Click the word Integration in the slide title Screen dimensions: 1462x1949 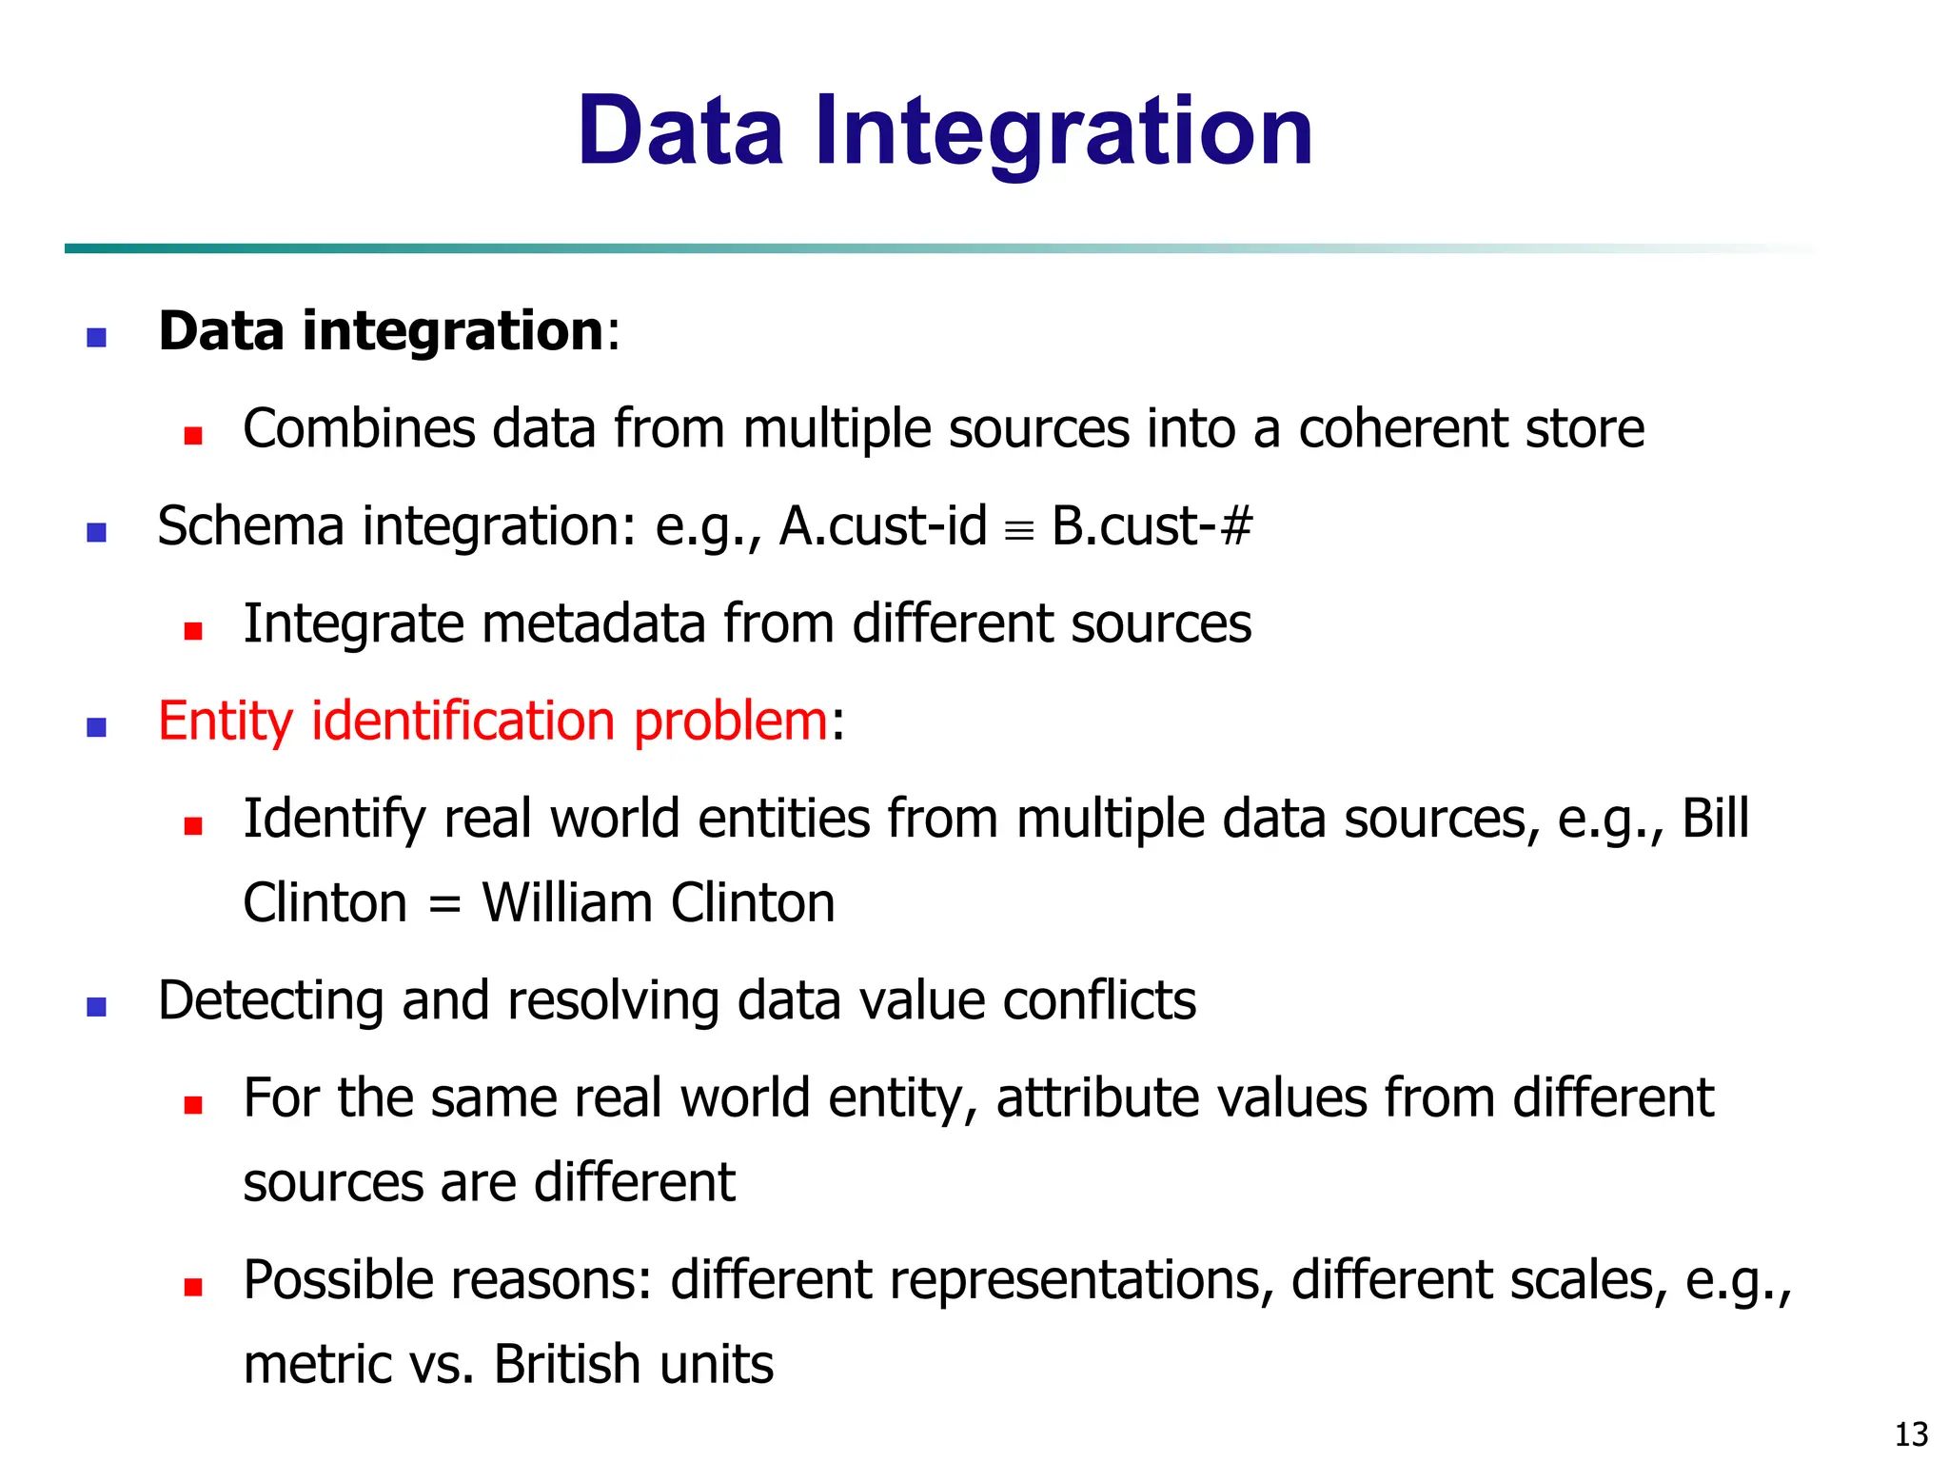1063,133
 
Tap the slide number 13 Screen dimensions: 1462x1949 1911,1433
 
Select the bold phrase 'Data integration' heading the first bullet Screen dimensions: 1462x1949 381,331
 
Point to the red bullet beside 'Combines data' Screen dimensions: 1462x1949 194,436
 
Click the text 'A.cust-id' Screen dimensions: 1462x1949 882,526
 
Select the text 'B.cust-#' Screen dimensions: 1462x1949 1152,526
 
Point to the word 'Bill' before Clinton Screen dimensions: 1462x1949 1715,819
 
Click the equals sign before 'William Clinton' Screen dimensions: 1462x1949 444,905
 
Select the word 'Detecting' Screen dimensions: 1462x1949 270,1001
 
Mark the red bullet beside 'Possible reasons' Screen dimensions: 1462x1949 194,1288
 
